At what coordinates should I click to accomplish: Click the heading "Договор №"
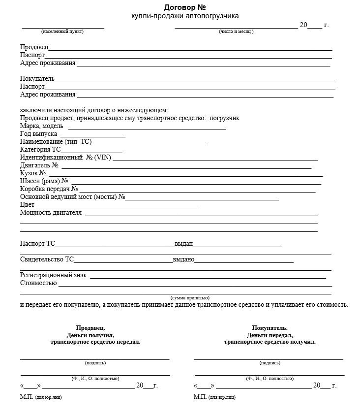pyautogui.click(x=184, y=7)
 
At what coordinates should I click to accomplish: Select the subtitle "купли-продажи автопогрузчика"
pyautogui.click(x=185, y=16)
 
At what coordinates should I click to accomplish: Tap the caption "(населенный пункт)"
pyautogui.click(x=62, y=32)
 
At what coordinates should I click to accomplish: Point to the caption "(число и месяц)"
pyautogui.click(x=236, y=32)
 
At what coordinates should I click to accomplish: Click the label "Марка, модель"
pyautogui.click(x=41, y=126)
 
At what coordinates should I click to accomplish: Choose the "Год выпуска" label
pyautogui.click(x=38, y=134)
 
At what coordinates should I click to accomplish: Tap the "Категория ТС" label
pyautogui.click(x=40, y=150)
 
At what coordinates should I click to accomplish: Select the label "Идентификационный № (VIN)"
pyautogui.click(x=65, y=158)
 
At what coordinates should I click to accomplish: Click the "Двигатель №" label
pyautogui.click(x=39, y=165)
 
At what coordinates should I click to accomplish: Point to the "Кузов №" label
pyautogui.click(x=33, y=173)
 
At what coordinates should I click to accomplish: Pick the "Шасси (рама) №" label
pyautogui.click(x=44, y=181)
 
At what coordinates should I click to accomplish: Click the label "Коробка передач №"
pyautogui.click(x=49, y=189)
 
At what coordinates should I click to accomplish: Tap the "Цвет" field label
pyautogui.click(x=27, y=205)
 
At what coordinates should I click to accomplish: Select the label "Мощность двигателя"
pyautogui.click(x=51, y=213)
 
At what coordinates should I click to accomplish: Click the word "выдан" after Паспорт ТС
pyautogui.click(x=183, y=243)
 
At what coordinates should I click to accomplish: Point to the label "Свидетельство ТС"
pyautogui.click(x=47, y=259)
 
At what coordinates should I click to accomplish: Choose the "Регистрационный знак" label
pyautogui.click(x=53, y=275)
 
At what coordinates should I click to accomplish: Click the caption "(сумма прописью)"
pyautogui.click(x=190, y=298)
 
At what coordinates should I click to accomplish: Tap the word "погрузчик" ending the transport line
pyautogui.click(x=225, y=118)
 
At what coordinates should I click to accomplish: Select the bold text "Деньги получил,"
pyautogui.click(x=90, y=335)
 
